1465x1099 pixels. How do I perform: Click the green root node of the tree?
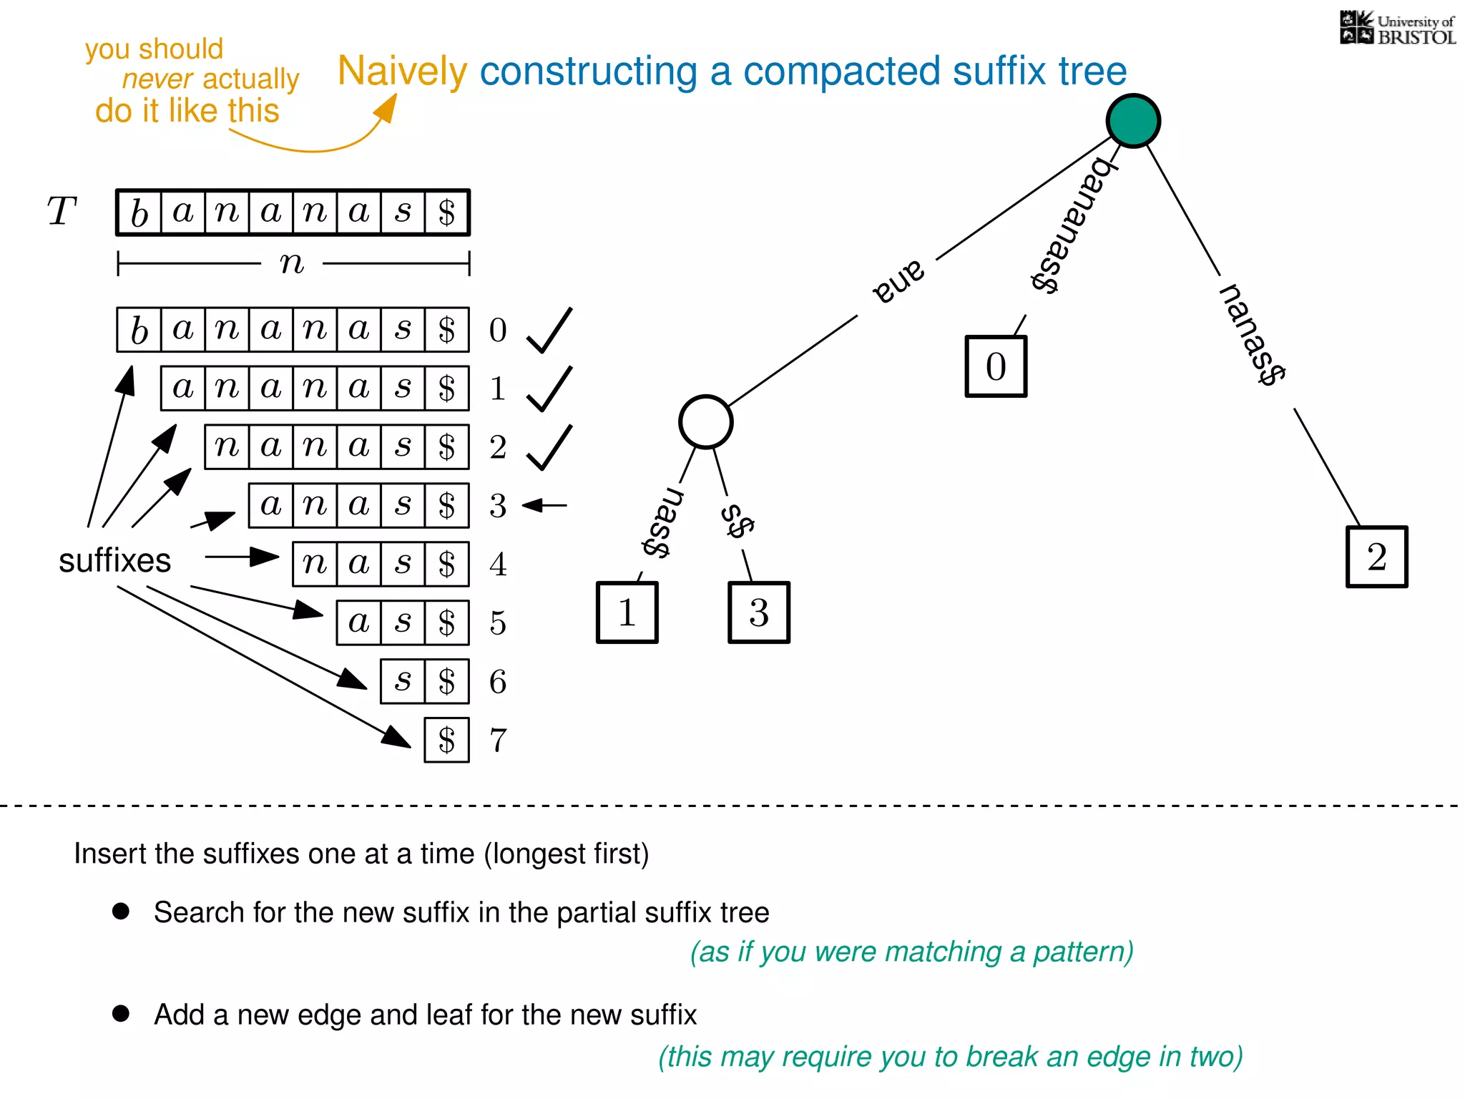[1133, 121]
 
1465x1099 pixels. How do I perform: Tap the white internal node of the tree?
[705, 422]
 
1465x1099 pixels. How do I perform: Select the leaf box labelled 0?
[996, 366]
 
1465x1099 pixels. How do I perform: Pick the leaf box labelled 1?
[627, 612]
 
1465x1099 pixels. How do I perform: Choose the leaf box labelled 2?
[1376, 557]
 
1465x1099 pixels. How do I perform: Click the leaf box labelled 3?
[758, 612]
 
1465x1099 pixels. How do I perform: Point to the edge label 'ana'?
[898, 281]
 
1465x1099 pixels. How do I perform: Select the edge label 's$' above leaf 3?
[737, 521]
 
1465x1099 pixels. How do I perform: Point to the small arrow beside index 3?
[544, 505]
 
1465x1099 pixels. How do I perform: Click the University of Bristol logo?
[1397, 29]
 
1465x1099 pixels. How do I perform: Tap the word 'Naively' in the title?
[402, 72]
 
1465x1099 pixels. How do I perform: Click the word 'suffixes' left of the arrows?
[114, 560]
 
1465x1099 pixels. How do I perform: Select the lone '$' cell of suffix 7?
[446, 740]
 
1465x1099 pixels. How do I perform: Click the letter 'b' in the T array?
[139, 213]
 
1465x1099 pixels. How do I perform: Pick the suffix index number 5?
[498, 622]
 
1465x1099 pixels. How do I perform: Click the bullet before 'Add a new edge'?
[121, 1013]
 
